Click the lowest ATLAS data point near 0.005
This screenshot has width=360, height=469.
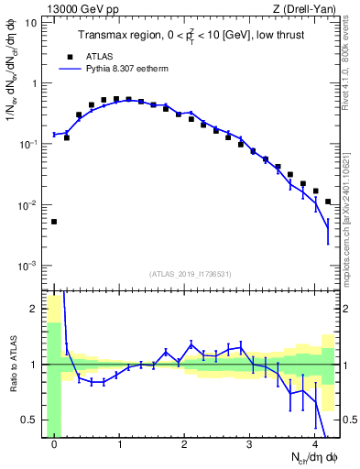coord(54,222)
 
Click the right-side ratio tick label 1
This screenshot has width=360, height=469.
coord(346,365)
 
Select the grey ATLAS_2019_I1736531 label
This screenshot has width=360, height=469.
coord(191,275)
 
